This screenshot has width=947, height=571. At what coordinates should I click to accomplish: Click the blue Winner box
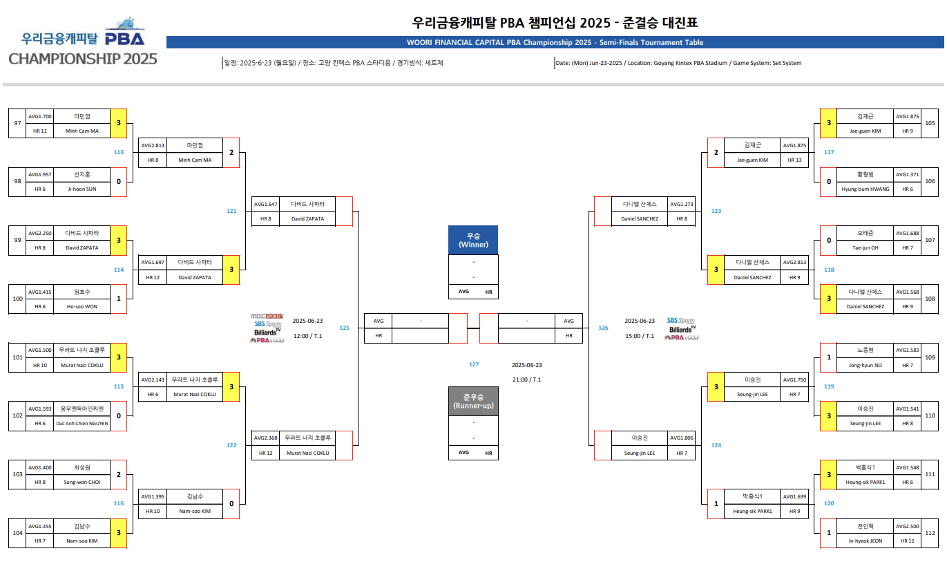click(x=473, y=240)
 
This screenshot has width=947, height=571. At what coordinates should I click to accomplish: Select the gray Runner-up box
click(x=473, y=401)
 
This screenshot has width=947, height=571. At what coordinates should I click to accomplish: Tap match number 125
click(x=344, y=328)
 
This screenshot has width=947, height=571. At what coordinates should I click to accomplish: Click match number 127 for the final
click(x=474, y=364)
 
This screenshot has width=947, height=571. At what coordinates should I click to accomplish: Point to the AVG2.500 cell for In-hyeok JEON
click(x=907, y=527)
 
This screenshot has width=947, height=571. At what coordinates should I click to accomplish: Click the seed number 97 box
click(x=17, y=123)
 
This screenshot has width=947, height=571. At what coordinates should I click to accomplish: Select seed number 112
click(x=930, y=533)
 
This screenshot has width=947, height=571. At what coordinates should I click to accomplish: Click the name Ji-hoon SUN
click(x=82, y=189)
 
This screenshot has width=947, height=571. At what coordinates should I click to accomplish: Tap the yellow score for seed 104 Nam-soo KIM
click(x=119, y=533)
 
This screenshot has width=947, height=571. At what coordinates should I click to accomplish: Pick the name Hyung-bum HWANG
click(x=865, y=189)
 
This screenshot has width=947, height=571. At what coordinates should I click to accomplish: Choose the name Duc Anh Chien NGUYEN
click(x=82, y=423)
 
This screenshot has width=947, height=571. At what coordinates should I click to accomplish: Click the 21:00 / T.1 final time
click(x=526, y=380)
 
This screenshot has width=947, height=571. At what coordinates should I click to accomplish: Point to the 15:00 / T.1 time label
click(x=640, y=336)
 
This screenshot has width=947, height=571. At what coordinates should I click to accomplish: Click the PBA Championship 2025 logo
click(x=83, y=41)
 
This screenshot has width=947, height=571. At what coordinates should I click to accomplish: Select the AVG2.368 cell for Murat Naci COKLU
click(x=266, y=438)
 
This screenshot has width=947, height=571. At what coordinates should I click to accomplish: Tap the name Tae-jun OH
click(x=865, y=247)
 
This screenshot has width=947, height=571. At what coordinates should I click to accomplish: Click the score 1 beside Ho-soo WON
click(x=119, y=299)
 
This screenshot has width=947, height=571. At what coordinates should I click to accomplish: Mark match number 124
click(x=716, y=445)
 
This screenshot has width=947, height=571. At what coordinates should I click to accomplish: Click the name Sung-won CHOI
click(x=82, y=482)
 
